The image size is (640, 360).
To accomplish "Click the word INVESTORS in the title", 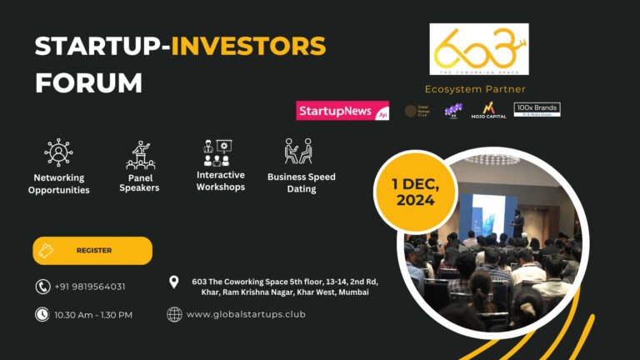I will pos(248,46).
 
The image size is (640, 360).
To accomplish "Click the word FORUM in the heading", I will pos(88,82).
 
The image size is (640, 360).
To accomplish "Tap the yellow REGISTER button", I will pos(92,250).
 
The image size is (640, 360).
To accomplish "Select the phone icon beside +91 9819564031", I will pos(42,287).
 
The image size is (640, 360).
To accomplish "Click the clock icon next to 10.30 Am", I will pos(42,314).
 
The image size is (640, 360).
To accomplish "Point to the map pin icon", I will pos(174,282).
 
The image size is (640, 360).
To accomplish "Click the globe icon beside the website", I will pos(174,314).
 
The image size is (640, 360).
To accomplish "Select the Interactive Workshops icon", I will pos(220,152).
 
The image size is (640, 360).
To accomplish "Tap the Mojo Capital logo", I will pos(488,110).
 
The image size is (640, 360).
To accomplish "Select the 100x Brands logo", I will pos(537,109).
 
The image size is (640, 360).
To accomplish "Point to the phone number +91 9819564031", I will pos(90,287).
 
